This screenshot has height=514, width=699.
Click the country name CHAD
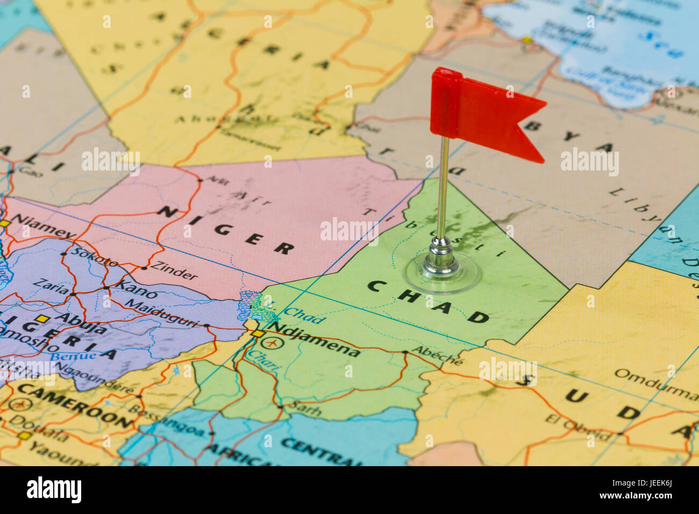(428, 301)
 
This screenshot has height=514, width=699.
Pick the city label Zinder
(174, 270)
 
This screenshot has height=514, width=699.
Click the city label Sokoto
(95, 258)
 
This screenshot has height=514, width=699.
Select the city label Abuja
(80, 320)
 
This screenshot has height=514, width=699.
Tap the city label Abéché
(437, 355)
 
